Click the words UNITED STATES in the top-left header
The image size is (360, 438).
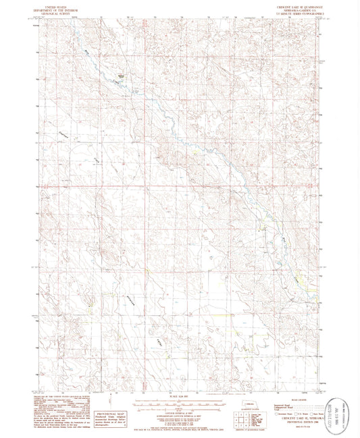click(x=55, y=3)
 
